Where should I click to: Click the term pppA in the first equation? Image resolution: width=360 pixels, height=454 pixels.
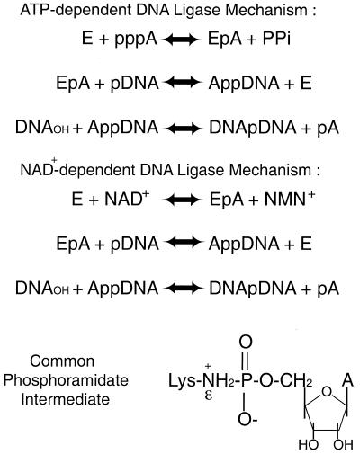(x=136, y=40)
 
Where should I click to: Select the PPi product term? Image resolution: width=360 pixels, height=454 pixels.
(x=276, y=39)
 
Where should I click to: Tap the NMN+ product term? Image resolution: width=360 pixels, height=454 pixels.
(x=290, y=199)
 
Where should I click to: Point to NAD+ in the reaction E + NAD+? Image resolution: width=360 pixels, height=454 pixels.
(x=127, y=199)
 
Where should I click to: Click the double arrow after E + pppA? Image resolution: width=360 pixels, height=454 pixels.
(x=182, y=40)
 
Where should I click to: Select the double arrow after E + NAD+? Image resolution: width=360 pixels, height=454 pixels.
(x=182, y=200)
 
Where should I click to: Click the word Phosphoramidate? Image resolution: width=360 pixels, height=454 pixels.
(x=66, y=381)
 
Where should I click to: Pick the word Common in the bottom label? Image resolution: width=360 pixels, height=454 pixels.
(x=62, y=361)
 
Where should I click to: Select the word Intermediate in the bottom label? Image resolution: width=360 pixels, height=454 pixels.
(x=66, y=399)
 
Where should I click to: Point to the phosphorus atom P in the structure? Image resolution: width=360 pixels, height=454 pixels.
(x=246, y=381)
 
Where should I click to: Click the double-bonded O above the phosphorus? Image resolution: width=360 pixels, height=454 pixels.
(x=246, y=343)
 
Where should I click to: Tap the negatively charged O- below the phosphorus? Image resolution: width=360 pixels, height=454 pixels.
(x=247, y=419)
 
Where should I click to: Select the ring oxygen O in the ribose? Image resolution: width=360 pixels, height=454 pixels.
(x=327, y=392)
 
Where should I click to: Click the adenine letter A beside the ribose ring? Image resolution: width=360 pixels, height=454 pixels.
(x=348, y=380)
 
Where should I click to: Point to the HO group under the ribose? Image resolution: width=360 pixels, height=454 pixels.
(x=309, y=445)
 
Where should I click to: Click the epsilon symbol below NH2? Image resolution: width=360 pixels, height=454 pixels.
(x=208, y=396)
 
